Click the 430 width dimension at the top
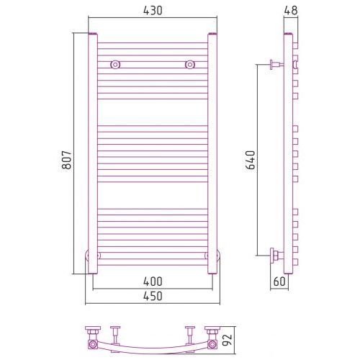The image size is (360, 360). pyautogui.click(x=153, y=11)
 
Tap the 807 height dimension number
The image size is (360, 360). pyautogui.click(x=67, y=160)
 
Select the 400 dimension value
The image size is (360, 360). pyautogui.click(x=153, y=282)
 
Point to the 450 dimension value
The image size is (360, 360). pyautogui.click(x=153, y=296)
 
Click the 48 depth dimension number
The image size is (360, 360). pyautogui.click(x=291, y=10)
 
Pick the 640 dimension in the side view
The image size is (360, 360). pyautogui.click(x=251, y=160)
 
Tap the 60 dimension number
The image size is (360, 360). pyautogui.click(x=279, y=282)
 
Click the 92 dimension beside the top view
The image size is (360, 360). pyautogui.click(x=227, y=339)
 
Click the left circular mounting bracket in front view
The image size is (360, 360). pyautogui.click(x=115, y=65)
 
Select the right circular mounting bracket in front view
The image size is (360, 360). pyautogui.click(x=190, y=65)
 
